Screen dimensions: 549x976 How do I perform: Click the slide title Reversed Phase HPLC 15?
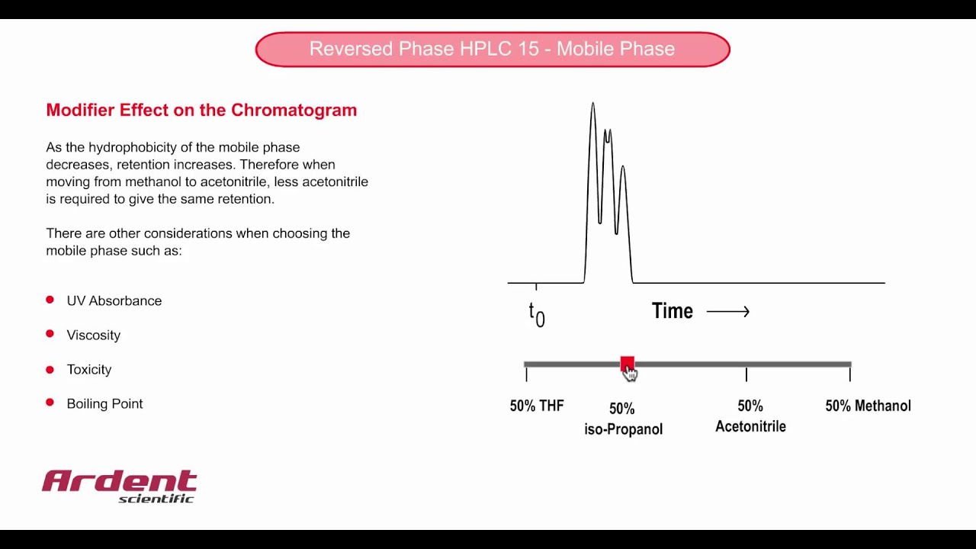[x=492, y=49]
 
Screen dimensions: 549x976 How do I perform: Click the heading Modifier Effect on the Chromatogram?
[x=201, y=110]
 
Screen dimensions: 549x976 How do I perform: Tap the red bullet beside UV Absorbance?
[x=50, y=300]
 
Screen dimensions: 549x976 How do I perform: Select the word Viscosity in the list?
[x=94, y=335]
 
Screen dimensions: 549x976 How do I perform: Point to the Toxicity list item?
[x=89, y=370]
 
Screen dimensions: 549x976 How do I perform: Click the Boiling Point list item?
[x=104, y=404]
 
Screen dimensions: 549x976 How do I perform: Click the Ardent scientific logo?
[x=120, y=486]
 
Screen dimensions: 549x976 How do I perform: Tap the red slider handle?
[x=627, y=364]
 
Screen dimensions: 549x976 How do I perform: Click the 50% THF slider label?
[x=537, y=406]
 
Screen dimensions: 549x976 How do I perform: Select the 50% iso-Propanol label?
[x=623, y=419]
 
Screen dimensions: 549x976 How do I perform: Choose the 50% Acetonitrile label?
[x=750, y=416]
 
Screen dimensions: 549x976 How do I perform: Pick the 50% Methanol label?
[x=868, y=406]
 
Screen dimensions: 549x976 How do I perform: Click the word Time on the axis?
[x=672, y=311]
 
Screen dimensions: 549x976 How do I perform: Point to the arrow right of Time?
[x=728, y=311]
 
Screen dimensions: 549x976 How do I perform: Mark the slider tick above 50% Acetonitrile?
[x=746, y=374]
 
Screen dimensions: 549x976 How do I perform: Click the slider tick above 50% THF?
[x=526, y=374]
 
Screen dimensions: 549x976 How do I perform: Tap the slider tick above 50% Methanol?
[x=849, y=374]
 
